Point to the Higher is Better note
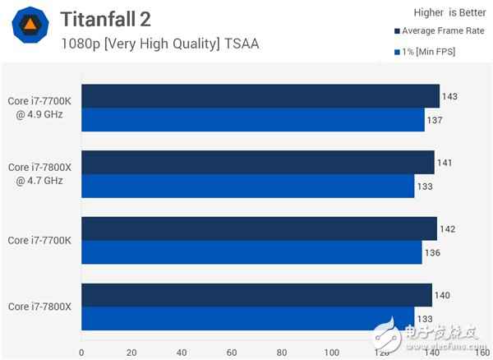pos(433,12)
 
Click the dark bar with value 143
pos(260,96)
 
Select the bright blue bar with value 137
pos(252,120)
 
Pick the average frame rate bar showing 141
pos(257,162)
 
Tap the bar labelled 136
pos(251,252)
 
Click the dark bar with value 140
pos(256,295)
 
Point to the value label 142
pos(448,228)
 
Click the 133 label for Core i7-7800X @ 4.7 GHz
pos(426,186)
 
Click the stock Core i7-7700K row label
pos(40,240)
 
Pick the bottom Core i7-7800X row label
pos(40,307)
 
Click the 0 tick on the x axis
pos(81,352)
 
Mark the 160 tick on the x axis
pos(483,352)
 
